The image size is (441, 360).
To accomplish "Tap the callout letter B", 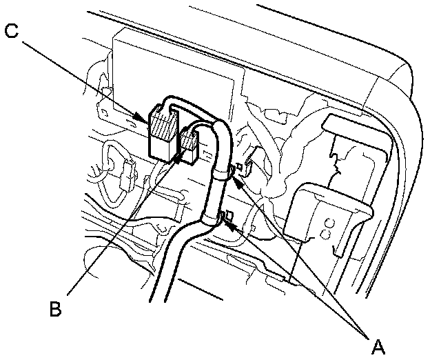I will (56, 308).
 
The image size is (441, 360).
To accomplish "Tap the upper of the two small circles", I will (329, 222).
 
